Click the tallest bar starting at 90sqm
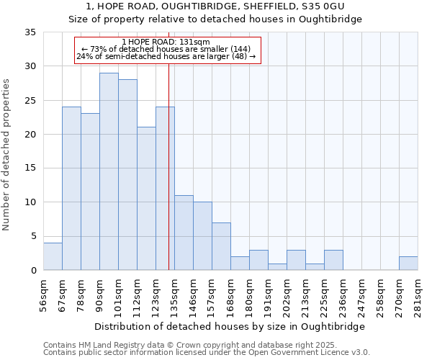point(109,171)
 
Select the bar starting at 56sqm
point(53,256)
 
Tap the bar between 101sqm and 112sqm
point(127,175)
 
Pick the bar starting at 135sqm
point(184,233)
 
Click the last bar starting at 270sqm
point(408,264)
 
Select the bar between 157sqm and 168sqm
point(221,246)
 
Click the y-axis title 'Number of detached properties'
point(7,155)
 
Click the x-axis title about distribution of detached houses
point(230,326)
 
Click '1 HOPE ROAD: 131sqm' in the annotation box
point(166,42)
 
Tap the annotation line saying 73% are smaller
point(166,49)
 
